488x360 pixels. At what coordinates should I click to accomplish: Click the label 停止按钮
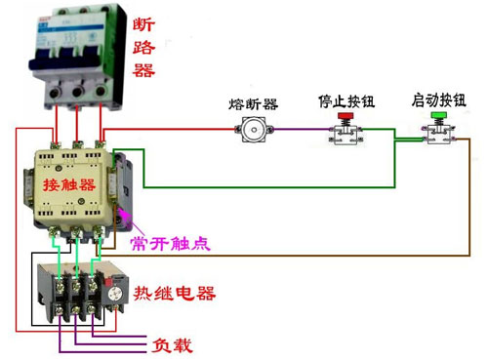point(343,100)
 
